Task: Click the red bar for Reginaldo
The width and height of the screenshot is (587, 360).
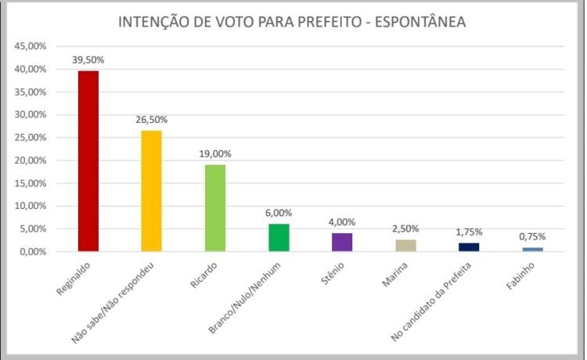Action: coord(88,161)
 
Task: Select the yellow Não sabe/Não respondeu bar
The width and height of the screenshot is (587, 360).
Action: coord(151,191)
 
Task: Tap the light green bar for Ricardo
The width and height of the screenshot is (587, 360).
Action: coord(215,207)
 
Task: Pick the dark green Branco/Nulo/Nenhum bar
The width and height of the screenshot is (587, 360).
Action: coord(279,238)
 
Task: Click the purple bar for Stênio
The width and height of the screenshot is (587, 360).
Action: coord(342,243)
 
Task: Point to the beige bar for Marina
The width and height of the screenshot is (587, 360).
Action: coord(405,246)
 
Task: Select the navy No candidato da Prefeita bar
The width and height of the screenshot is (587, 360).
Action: coord(469,247)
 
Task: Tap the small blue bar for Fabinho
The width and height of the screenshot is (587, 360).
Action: coord(532,250)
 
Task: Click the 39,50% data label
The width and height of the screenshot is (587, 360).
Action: coord(88,59)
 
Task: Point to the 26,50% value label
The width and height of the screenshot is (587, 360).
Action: coord(151,120)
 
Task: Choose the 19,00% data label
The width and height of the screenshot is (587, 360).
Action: coord(215,154)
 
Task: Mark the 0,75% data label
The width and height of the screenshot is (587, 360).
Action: coord(532,236)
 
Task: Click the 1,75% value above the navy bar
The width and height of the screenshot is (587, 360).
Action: coord(469,232)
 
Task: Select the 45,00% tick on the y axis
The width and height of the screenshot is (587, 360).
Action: coord(29,46)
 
